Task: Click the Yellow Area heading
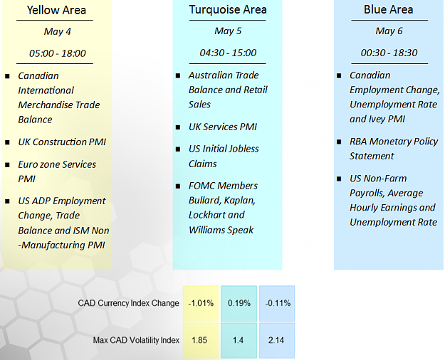click(56, 10)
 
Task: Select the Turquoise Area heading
click(228, 10)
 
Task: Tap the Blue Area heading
click(389, 10)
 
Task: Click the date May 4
click(58, 31)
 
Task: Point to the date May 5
click(228, 31)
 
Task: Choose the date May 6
click(389, 31)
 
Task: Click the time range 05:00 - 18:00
click(58, 53)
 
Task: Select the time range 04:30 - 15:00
click(228, 53)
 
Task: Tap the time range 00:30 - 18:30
click(389, 53)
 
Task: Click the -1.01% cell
click(201, 303)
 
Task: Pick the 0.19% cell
click(239, 303)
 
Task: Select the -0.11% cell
click(277, 303)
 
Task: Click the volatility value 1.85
click(199, 340)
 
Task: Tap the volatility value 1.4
click(238, 340)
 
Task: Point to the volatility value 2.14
click(276, 340)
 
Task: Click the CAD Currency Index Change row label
click(129, 303)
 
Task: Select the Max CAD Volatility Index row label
click(136, 340)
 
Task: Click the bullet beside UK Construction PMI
click(7, 142)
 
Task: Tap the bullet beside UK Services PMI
click(178, 127)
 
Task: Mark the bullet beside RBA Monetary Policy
click(339, 142)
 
